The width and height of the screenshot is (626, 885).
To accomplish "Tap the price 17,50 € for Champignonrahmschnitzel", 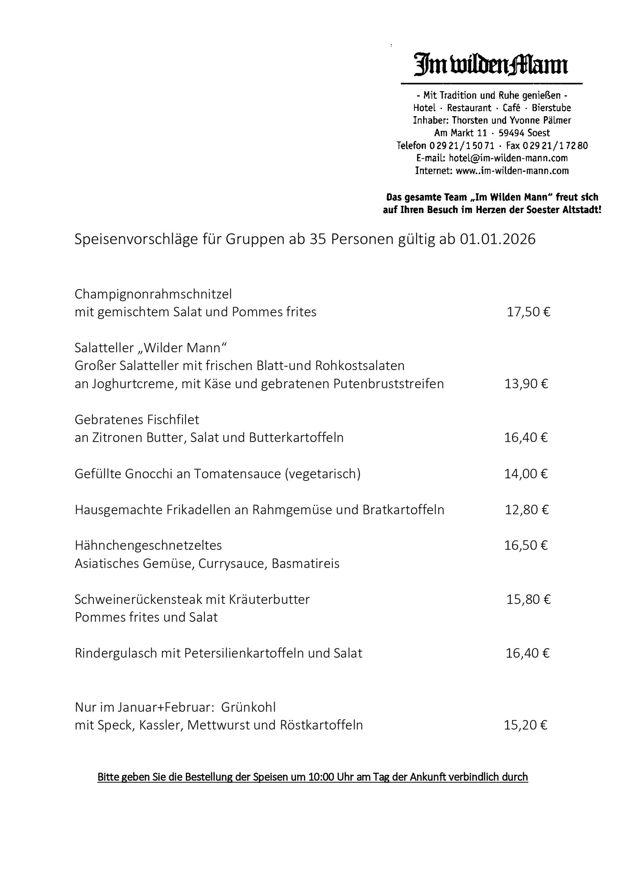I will [528, 312].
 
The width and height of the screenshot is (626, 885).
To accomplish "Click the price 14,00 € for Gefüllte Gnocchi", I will [526, 474].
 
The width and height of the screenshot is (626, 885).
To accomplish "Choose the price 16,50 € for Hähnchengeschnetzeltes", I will [526, 545].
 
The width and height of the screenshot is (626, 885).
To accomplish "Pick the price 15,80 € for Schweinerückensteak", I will [528, 599].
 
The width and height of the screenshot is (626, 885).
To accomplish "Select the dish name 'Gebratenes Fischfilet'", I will [137, 420].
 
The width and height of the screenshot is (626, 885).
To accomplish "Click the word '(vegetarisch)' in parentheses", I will [323, 474].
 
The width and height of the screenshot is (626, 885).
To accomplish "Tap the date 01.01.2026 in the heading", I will [497, 239].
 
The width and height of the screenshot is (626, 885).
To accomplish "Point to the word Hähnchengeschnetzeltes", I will [148, 545].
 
